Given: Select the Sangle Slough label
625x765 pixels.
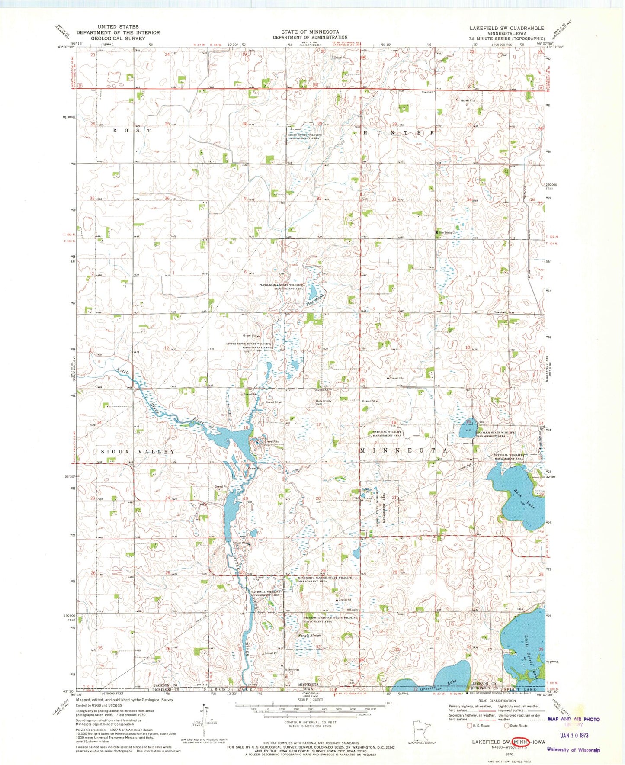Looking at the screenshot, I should click(x=310, y=636).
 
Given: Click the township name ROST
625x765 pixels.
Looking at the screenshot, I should click(x=132, y=130).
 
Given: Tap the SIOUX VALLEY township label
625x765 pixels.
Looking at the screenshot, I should click(x=138, y=452).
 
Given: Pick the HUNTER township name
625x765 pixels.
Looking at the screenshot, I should click(x=397, y=133).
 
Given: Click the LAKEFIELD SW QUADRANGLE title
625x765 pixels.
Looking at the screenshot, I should click(x=506, y=28).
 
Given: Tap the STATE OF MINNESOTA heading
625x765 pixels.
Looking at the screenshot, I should click(x=310, y=32).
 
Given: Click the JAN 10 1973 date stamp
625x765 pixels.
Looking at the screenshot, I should click(x=574, y=735).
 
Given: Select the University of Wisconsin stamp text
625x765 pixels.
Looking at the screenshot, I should click(x=573, y=750).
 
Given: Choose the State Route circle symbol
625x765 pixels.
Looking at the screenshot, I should click(x=506, y=726).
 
